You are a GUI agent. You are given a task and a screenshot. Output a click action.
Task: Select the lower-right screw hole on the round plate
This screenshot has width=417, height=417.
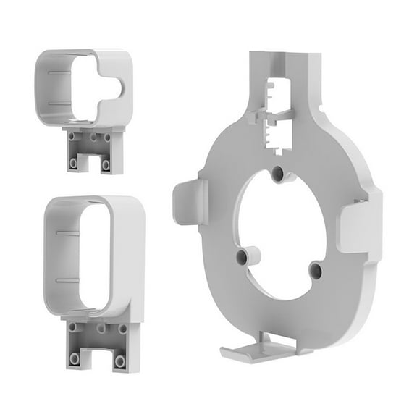pos(316,270)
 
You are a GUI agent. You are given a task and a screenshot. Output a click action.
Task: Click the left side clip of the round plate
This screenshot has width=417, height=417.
pos(190,202)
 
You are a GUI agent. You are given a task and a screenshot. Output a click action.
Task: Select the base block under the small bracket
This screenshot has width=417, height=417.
pos(93,150)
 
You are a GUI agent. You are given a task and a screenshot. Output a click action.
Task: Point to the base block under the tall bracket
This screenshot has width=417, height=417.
pos(98,345)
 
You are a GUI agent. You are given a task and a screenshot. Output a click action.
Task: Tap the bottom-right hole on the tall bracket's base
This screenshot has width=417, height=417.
pos(119,360)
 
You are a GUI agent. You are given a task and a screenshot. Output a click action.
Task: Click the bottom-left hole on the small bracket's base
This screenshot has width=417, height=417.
pos(74,164)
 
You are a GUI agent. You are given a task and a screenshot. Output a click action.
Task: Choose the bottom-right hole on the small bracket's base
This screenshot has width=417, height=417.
pos(106,164)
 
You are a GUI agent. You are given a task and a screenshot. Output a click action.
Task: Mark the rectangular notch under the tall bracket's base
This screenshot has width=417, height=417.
pos(98,359)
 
